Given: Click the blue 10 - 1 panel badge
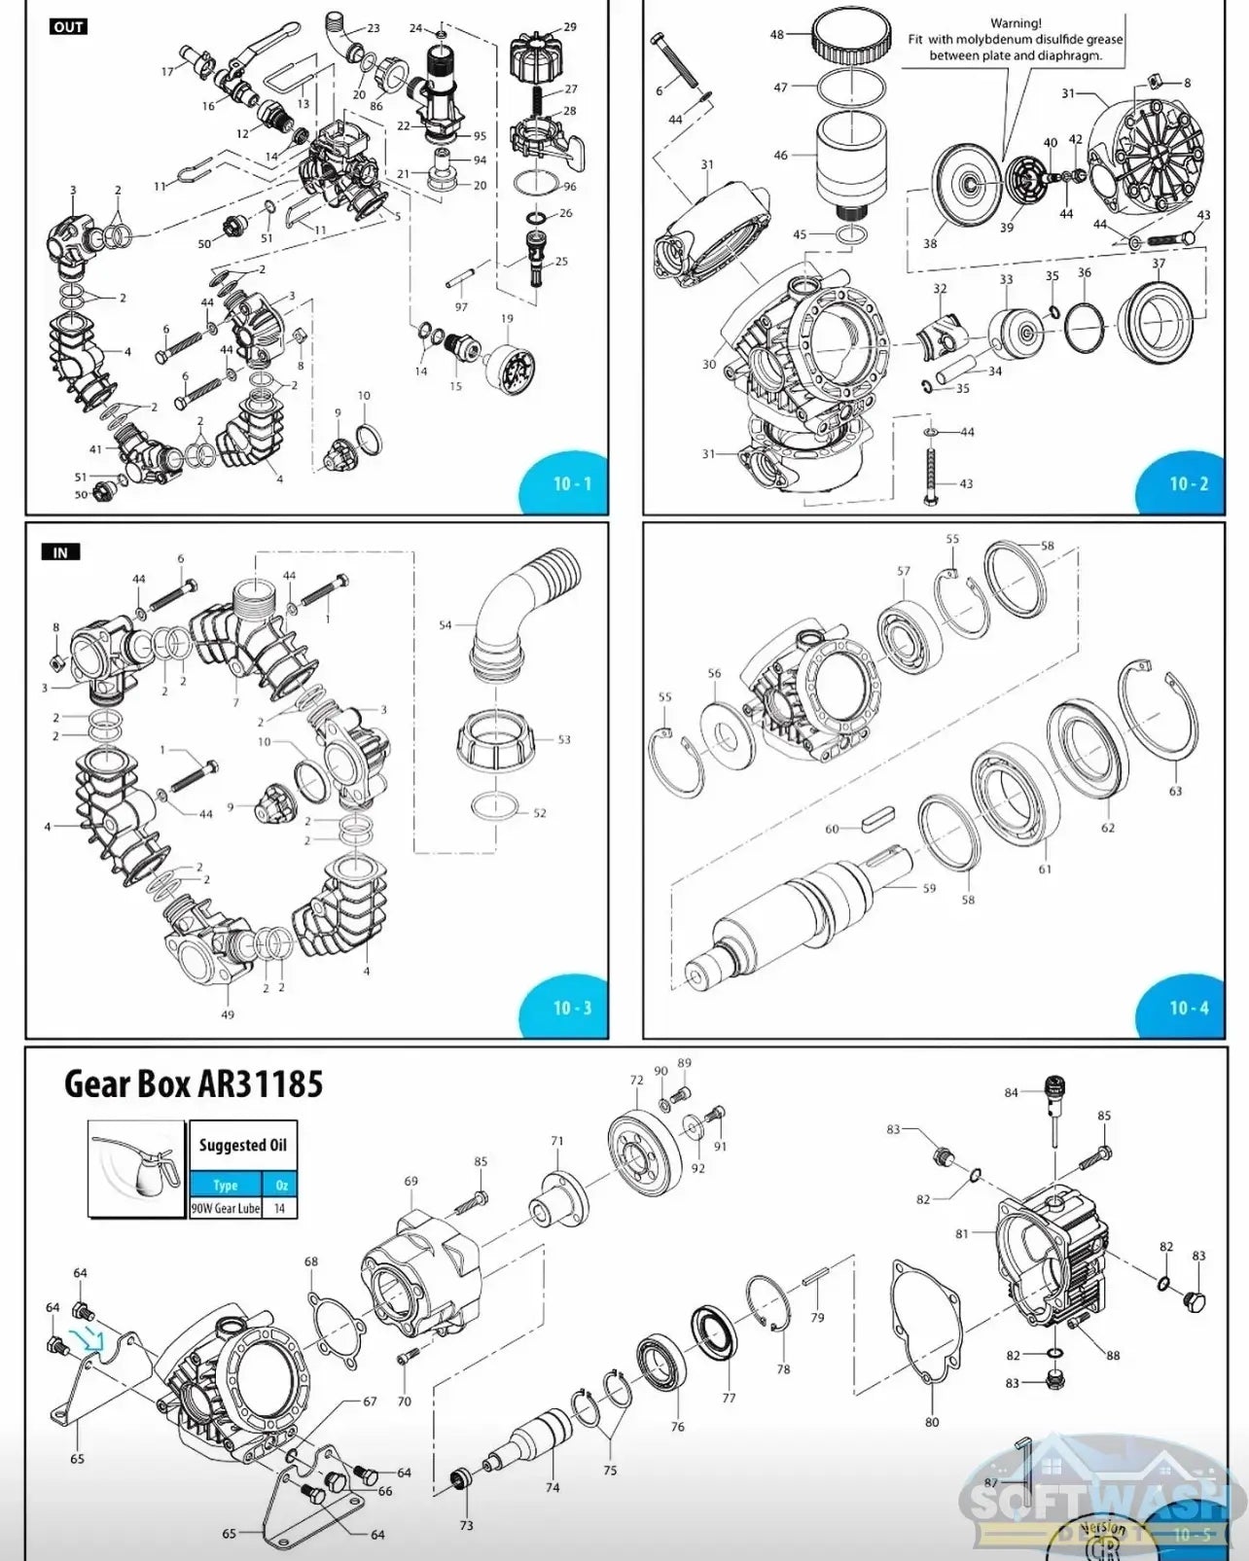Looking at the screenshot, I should tap(571, 483).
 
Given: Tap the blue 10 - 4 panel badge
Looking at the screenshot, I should tap(1188, 1008).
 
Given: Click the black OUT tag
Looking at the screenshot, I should tap(68, 26).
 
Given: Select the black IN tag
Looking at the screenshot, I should tap(60, 552).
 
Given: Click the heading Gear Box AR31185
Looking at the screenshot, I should tap(194, 1083).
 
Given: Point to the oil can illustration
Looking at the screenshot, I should tap(136, 1168).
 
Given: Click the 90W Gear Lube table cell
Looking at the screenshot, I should tap(226, 1208).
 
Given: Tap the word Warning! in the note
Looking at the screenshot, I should tap(1016, 23).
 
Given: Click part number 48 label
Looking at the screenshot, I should tap(776, 35).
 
